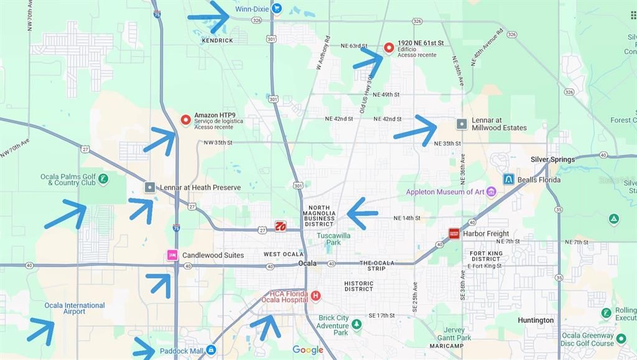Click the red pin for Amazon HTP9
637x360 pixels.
tap(185, 120)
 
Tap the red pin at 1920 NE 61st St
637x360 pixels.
tap(389, 47)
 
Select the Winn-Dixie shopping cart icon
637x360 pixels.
tap(277, 9)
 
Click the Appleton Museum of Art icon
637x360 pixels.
tap(491, 192)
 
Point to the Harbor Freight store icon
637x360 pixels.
tap(454, 234)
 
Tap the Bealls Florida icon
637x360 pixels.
tap(508, 180)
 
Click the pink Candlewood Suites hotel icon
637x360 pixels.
tap(172, 255)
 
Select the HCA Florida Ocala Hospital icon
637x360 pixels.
tap(315, 296)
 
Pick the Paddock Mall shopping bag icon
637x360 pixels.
tap(211, 350)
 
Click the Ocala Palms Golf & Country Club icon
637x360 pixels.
tap(103, 179)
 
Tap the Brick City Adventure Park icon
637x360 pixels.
tap(356, 324)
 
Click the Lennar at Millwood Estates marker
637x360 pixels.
tap(462, 124)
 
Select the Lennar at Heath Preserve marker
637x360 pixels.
tap(149, 187)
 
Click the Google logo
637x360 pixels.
tap(308, 350)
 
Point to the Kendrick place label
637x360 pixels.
tap(217, 40)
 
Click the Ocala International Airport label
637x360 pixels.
tap(74, 308)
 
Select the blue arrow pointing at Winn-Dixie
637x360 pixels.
tap(209, 17)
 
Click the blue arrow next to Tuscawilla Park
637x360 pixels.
tap(362, 213)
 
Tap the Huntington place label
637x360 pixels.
tap(535, 320)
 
